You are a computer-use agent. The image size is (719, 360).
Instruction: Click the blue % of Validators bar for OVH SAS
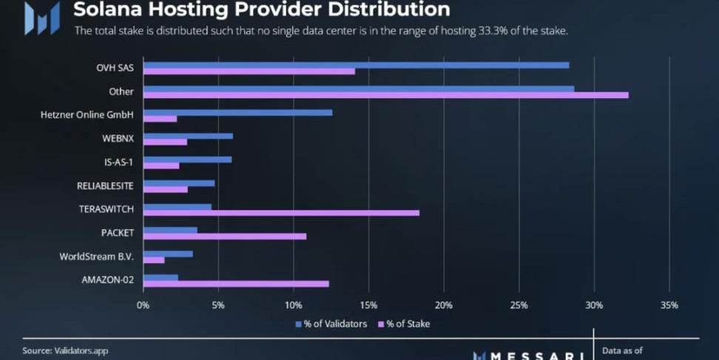(356, 65)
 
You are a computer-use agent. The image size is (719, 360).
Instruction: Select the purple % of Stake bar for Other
(385, 95)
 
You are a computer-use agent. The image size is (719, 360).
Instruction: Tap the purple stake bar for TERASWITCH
(281, 213)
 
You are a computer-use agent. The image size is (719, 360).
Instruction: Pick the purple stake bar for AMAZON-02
(236, 284)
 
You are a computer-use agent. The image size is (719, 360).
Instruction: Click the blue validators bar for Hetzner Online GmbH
(237, 112)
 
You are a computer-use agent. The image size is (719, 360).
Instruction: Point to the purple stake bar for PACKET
(224, 237)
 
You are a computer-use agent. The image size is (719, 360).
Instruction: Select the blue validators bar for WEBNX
(188, 136)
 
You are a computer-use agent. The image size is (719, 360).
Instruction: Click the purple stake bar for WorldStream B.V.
(154, 260)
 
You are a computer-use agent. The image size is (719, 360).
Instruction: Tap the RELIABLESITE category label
(105, 186)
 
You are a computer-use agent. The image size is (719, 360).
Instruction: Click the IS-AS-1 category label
(119, 162)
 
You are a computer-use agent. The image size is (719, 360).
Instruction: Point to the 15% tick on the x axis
(368, 305)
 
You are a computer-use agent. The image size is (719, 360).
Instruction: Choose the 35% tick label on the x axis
(669, 305)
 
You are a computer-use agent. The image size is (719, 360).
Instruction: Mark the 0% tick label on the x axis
(144, 305)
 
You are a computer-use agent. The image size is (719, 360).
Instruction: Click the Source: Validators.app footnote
(65, 350)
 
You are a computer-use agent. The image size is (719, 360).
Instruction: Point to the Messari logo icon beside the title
(41, 18)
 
